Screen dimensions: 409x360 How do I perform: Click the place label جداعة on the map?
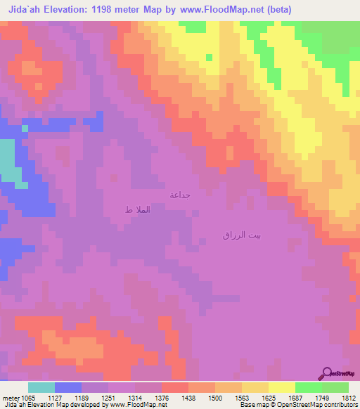(181, 194)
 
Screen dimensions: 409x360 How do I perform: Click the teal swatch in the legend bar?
(41, 387)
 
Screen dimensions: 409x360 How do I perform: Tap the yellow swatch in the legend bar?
(281, 387)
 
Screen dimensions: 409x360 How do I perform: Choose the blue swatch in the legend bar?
(68, 387)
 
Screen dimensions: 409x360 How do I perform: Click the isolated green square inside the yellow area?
(209, 58)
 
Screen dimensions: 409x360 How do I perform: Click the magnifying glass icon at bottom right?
(326, 374)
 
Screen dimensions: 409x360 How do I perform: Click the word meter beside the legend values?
(11, 397)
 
